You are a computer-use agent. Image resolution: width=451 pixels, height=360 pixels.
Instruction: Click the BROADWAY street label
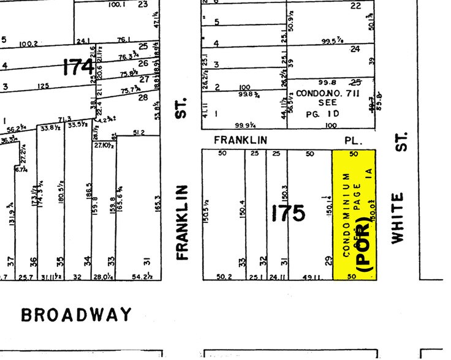click(x=76, y=315)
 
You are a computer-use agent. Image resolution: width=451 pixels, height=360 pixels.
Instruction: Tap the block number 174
click(x=78, y=66)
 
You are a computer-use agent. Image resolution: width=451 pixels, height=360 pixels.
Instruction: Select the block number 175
click(x=288, y=213)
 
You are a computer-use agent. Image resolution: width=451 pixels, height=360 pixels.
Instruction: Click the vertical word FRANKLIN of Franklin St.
click(x=182, y=222)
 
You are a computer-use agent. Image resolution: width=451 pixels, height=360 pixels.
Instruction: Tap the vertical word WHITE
click(x=399, y=218)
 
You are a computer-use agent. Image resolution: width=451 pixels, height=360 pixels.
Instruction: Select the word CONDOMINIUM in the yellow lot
click(x=346, y=214)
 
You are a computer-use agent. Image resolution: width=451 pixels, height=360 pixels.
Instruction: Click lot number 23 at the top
click(x=143, y=4)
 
